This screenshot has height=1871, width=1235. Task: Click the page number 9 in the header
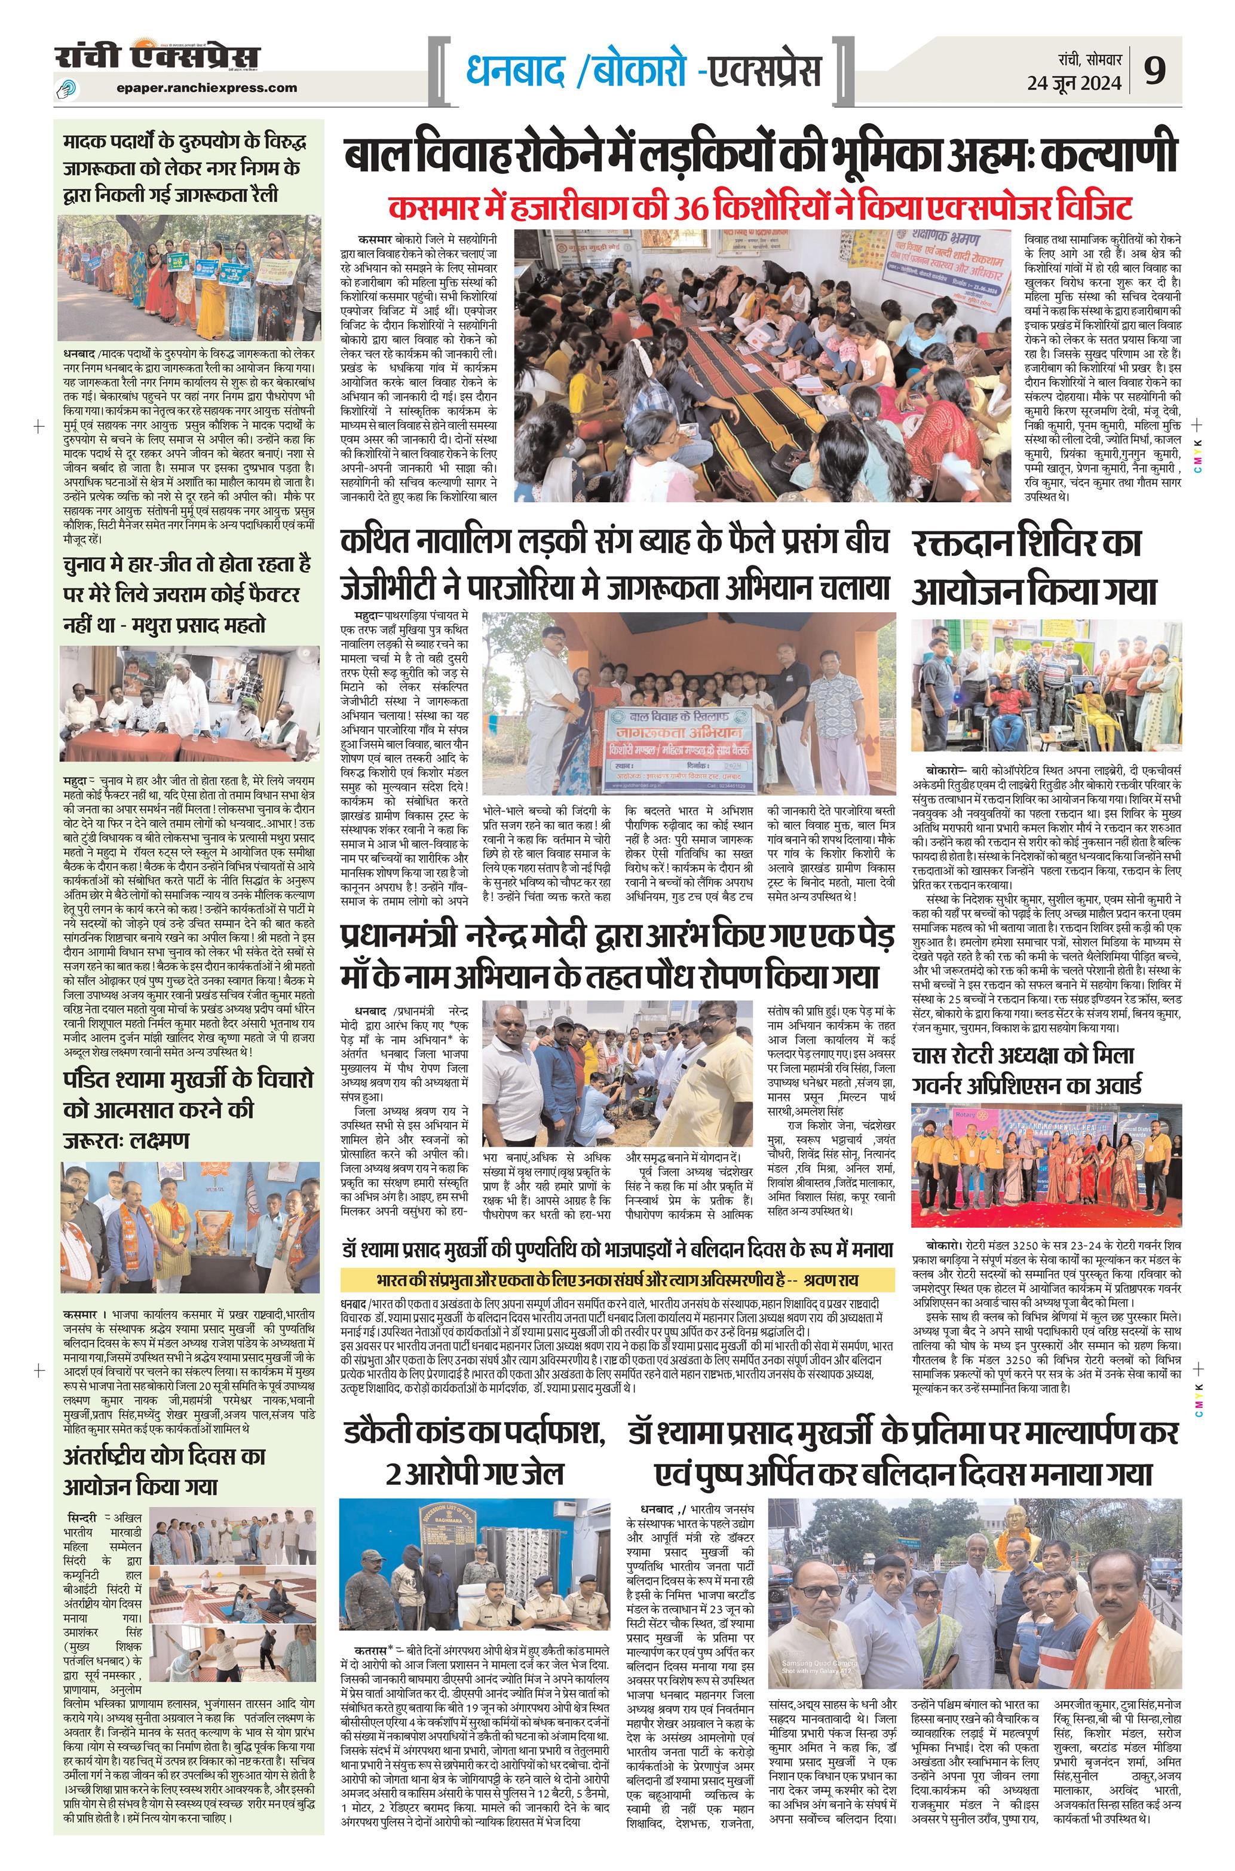click(x=1156, y=72)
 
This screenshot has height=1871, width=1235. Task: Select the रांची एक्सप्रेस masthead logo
click(x=158, y=60)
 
